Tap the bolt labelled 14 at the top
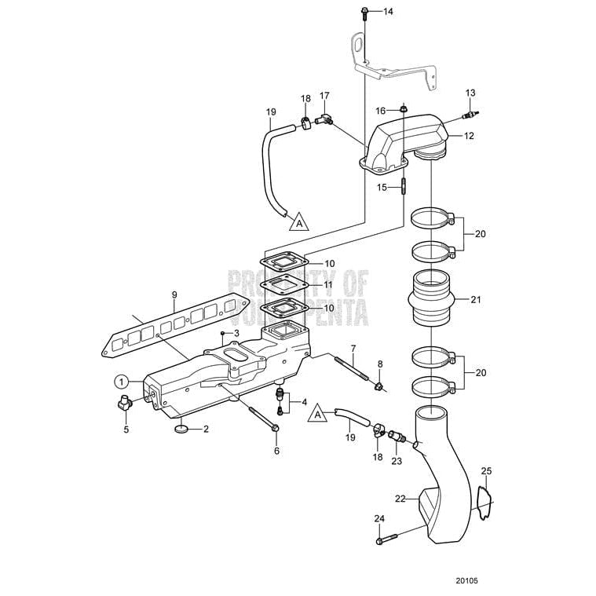365,11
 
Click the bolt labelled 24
389,539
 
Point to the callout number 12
469,136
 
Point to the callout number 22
399,499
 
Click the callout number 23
397,461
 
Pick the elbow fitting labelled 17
323,119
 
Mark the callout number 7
353,348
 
